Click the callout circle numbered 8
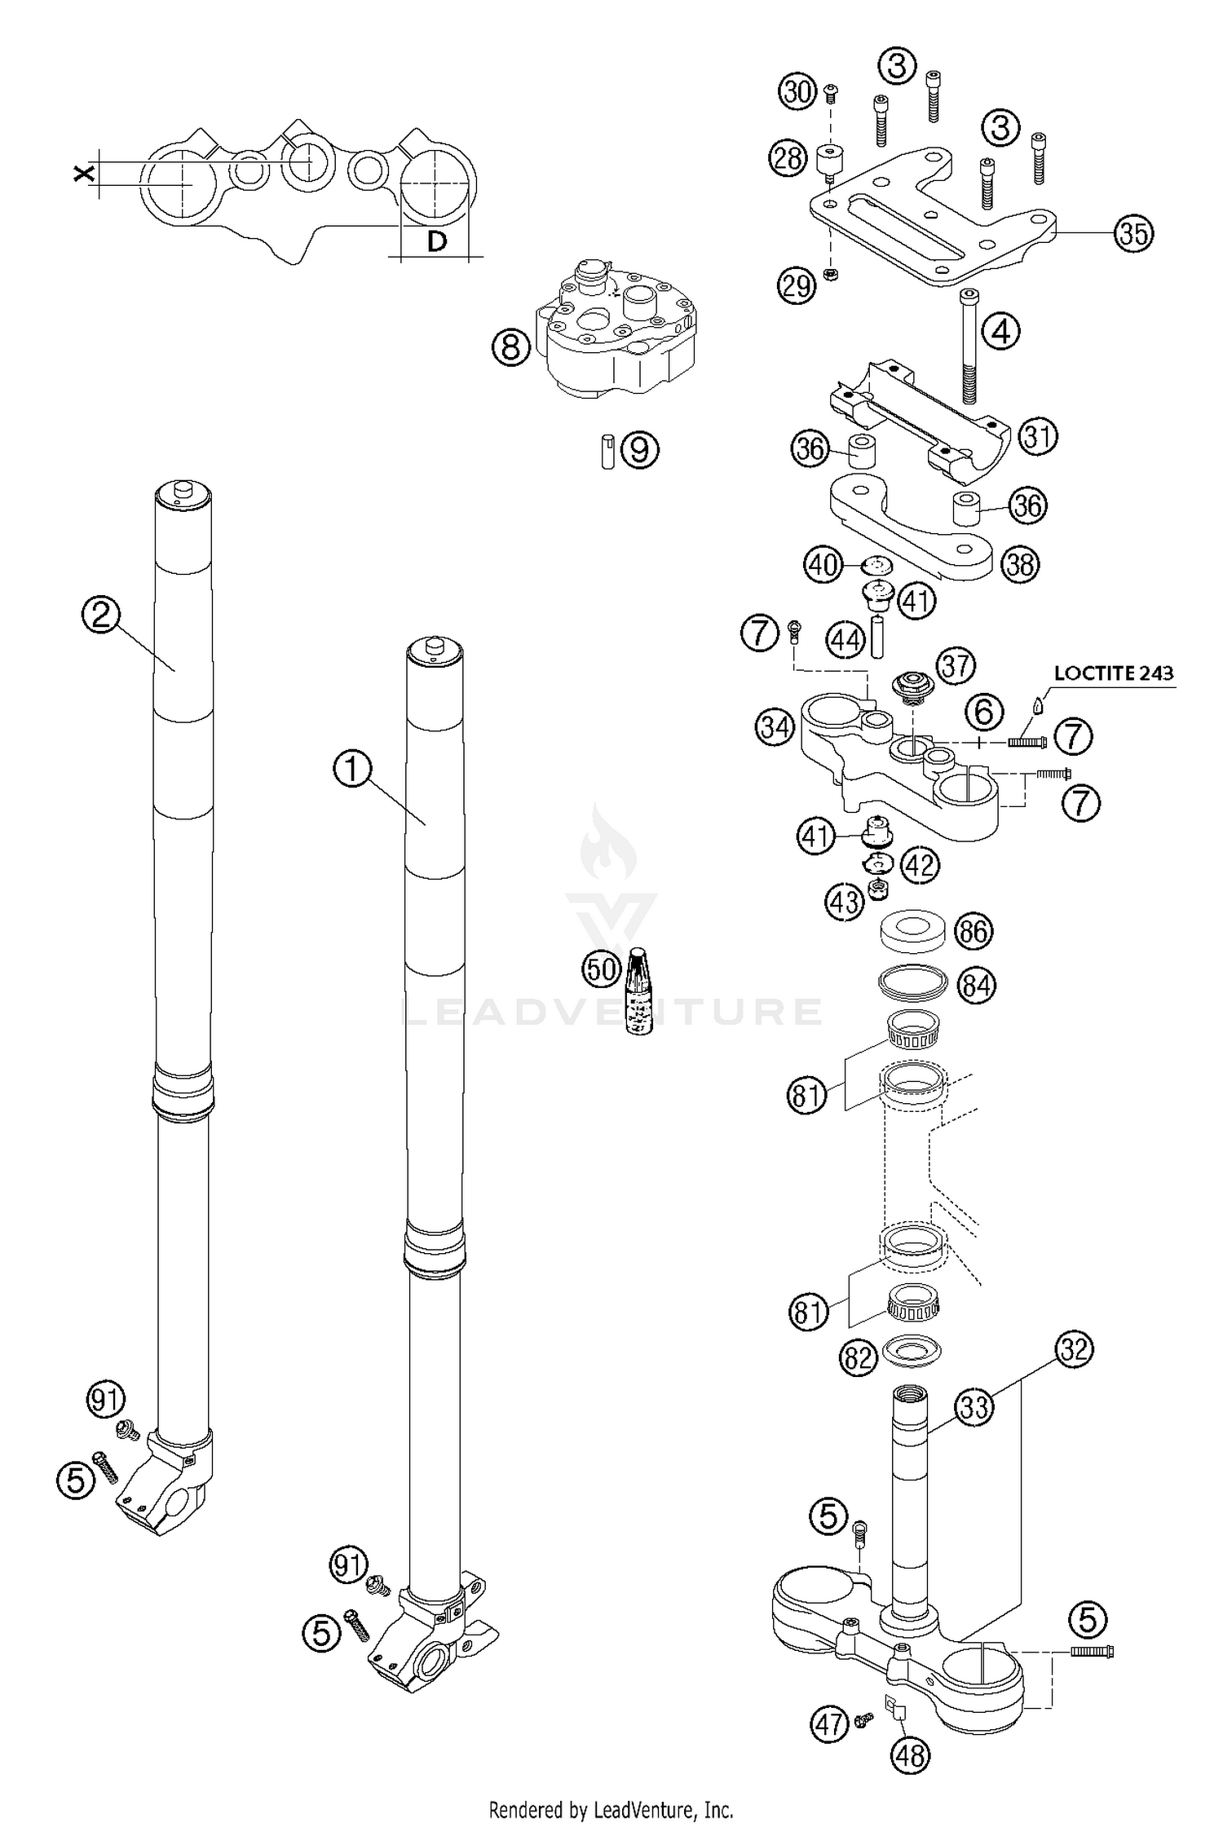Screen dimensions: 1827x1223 (510, 348)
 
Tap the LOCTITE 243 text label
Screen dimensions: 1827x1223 (1114, 673)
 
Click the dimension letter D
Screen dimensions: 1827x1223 (437, 241)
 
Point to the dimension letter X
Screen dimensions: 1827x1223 (82, 173)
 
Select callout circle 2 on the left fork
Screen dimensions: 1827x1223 (100, 616)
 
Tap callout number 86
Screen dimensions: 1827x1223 (974, 931)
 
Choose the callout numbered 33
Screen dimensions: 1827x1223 (974, 1406)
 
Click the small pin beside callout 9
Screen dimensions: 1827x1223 (607, 450)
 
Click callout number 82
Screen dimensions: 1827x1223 (858, 1357)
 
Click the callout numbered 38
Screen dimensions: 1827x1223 (1020, 564)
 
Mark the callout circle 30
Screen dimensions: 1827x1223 (797, 91)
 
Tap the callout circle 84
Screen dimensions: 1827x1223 (976, 986)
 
